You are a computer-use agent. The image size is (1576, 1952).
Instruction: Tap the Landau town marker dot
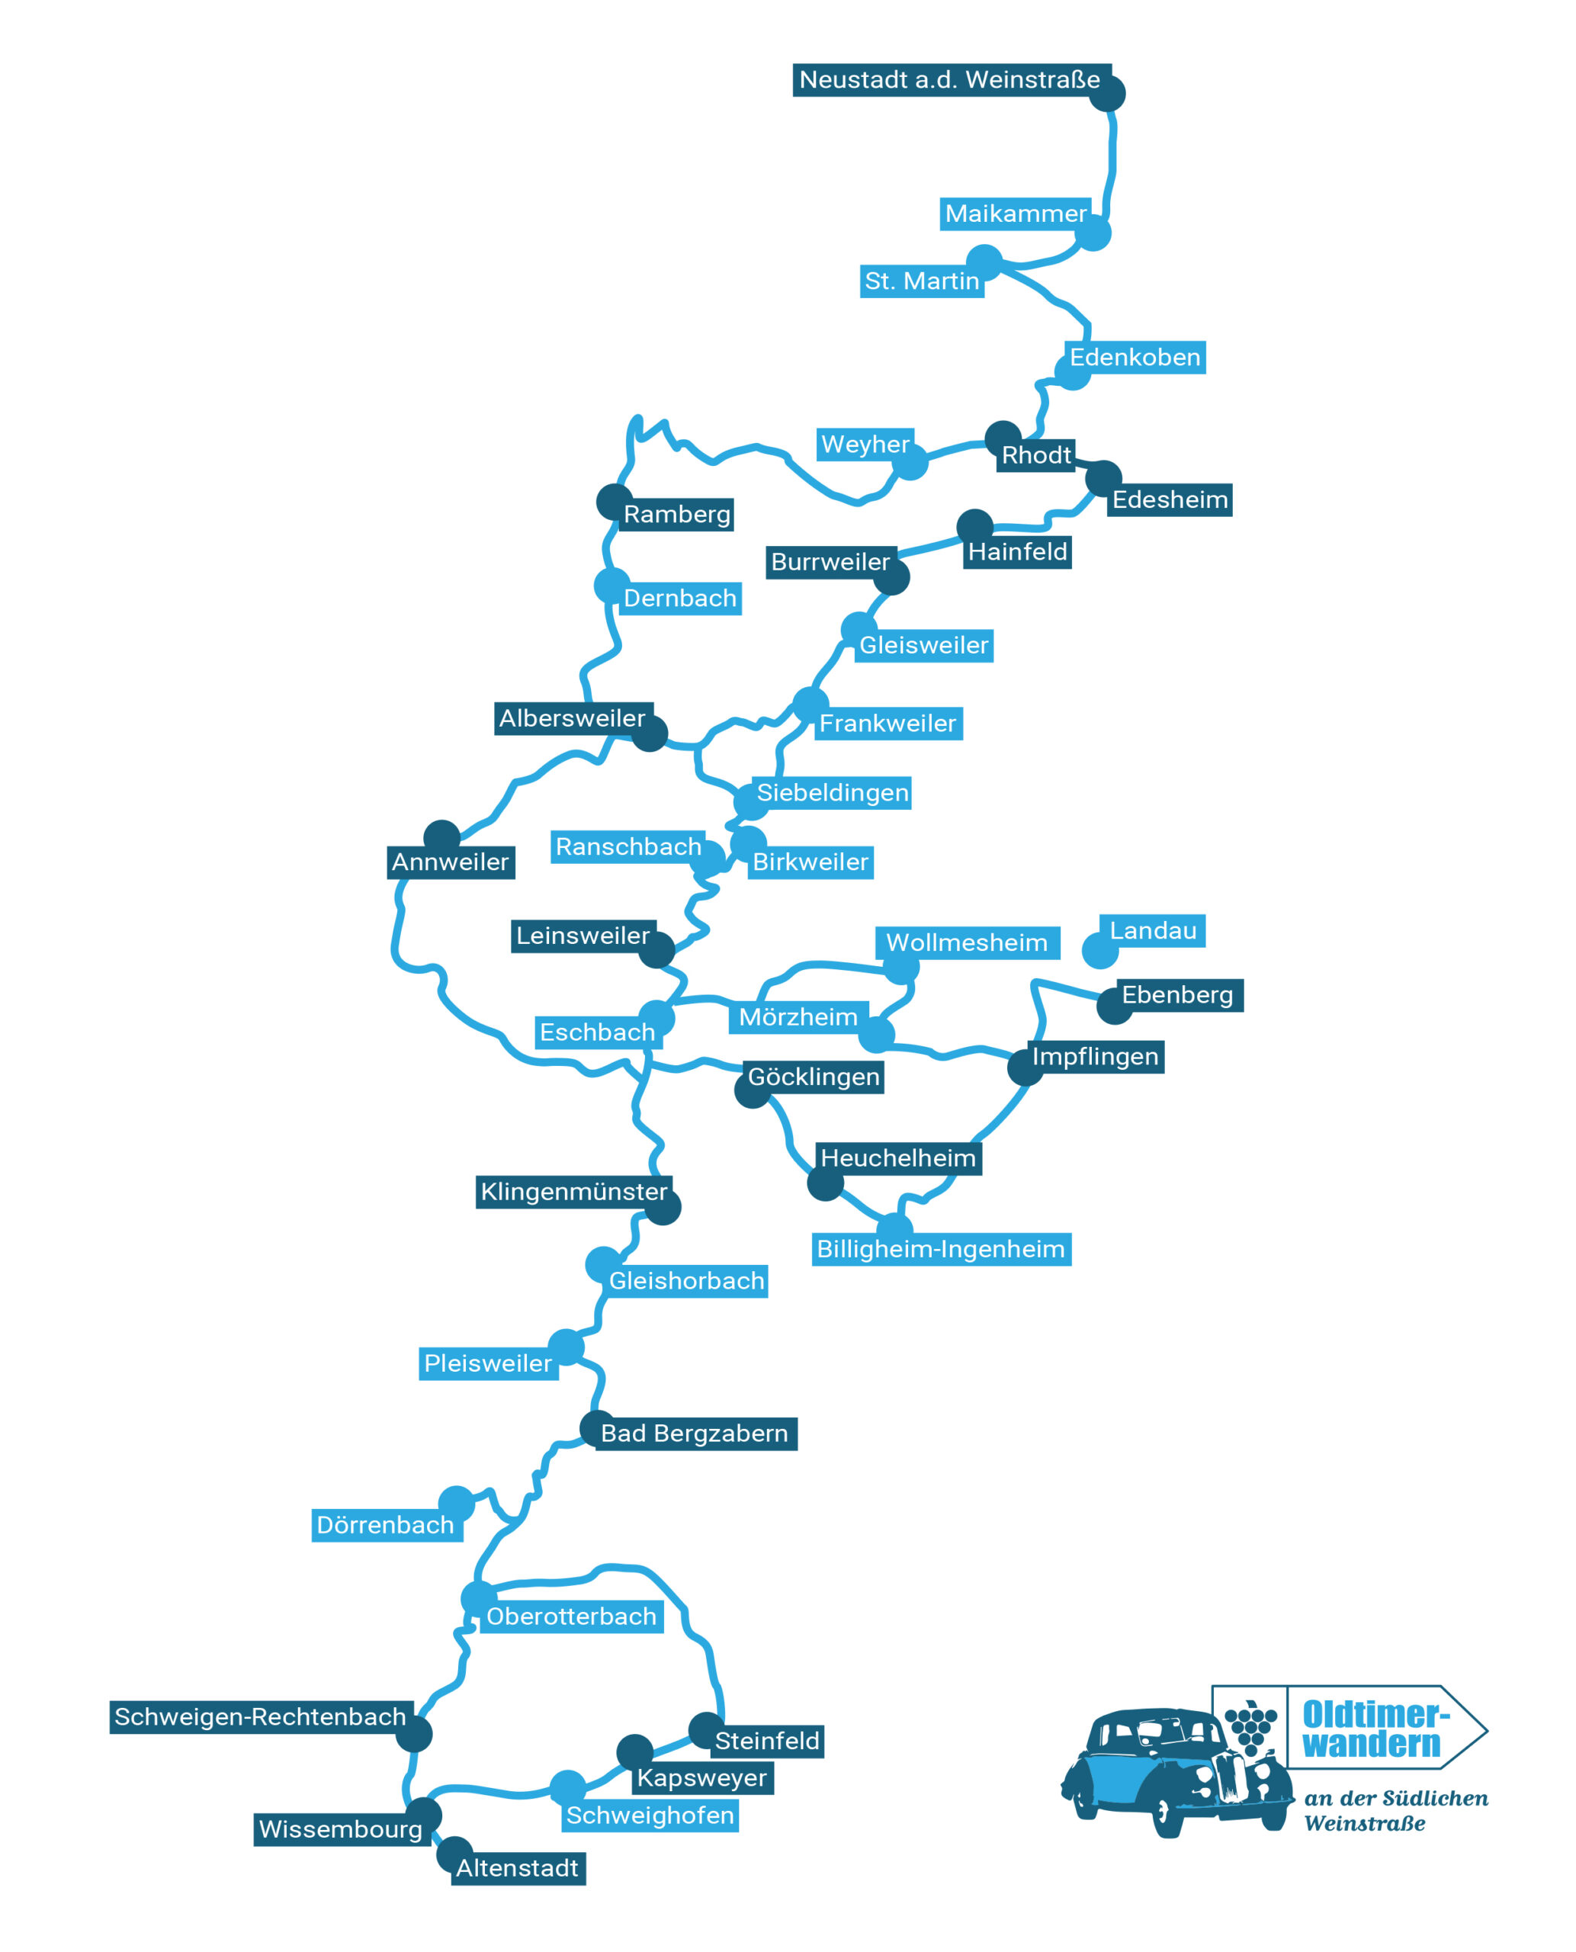1099,951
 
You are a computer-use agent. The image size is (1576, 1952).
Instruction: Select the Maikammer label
1015,213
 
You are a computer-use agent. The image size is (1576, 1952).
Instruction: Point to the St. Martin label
922,281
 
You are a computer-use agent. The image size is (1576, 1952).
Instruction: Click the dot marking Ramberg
615,502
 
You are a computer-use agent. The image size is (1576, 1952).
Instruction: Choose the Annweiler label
451,862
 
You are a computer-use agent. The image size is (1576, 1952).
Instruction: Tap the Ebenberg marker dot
1115,1006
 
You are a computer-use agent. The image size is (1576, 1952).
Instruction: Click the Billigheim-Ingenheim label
942,1249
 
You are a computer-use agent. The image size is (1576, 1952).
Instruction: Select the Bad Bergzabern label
695,1433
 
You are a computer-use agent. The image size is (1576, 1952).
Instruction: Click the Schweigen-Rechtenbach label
262,1717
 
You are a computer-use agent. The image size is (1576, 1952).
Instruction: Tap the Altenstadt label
518,1868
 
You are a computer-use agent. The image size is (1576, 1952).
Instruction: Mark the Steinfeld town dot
706,1730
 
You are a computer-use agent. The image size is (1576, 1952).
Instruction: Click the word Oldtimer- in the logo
1376,1714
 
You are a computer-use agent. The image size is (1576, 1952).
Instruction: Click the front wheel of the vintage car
1167,1816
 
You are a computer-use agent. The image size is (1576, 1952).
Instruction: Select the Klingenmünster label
574,1192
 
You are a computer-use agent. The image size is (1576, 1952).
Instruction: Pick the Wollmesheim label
967,942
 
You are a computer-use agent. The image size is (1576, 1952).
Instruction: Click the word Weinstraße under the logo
1365,1824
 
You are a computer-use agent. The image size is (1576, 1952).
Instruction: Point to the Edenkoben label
1135,358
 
